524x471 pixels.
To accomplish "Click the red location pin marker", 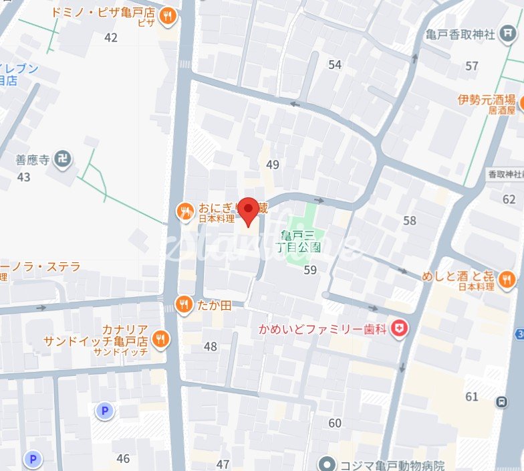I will tap(249, 211).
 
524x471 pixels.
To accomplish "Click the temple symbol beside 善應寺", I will tap(65, 159).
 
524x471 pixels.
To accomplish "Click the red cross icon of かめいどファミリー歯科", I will tap(400, 328).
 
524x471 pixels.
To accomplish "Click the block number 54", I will tap(335, 64).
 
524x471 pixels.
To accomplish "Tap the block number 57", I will tap(472, 66).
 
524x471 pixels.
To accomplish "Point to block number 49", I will tap(272, 165).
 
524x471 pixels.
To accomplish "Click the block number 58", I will tap(409, 220).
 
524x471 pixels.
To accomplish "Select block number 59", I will tap(310, 270).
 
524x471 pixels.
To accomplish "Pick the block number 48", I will tap(211, 347).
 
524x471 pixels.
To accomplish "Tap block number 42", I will tap(111, 37).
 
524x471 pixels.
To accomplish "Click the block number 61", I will tap(472, 397).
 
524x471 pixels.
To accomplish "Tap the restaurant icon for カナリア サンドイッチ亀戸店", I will tap(160, 339).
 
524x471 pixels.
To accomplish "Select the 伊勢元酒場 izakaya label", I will tap(488, 100).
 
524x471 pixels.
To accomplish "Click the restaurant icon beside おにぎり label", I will tap(184, 212).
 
